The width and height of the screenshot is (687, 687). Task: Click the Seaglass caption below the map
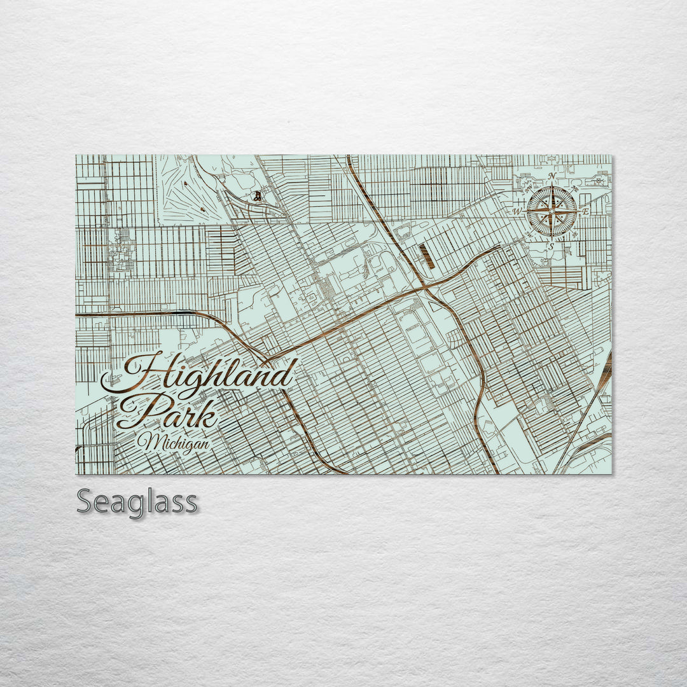(x=137, y=503)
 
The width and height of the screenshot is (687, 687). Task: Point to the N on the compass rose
(x=553, y=176)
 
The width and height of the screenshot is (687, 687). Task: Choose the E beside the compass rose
(x=586, y=211)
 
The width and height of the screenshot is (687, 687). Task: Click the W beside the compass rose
(x=518, y=211)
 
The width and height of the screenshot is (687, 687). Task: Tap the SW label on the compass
(x=529, y=234)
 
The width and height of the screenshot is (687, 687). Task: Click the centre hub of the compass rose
(x=552, y=211)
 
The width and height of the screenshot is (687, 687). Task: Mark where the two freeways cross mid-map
(x=425, y=288)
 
